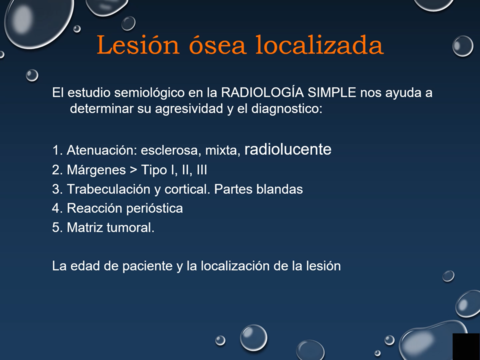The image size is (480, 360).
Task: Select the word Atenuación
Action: tap(102, 151)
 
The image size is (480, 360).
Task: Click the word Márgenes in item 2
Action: tap(98, 170)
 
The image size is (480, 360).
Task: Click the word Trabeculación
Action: tap(110, 189)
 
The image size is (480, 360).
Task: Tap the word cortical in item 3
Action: tap(200, 189)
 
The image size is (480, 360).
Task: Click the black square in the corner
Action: tap(465, 346)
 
